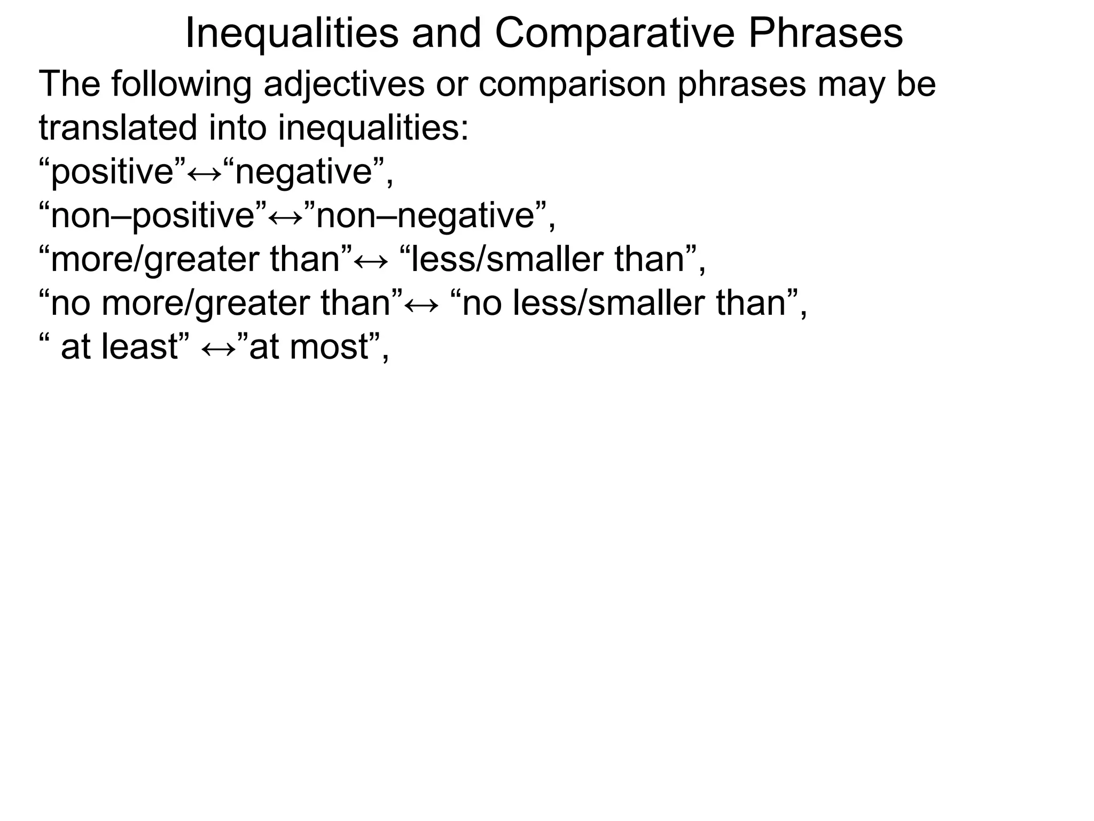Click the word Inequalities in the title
(292, 33)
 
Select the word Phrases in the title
(825, 33)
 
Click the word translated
(118, 128)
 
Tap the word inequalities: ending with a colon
(373, 128)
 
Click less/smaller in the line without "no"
(510, 260)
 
